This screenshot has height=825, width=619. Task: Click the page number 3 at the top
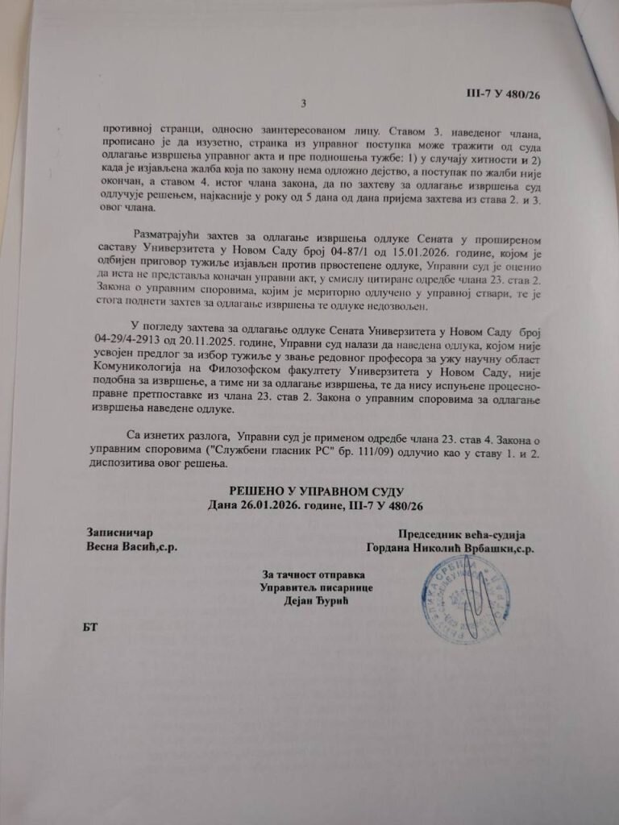pos(304,103)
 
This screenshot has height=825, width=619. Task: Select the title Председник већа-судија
pos(462,534)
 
